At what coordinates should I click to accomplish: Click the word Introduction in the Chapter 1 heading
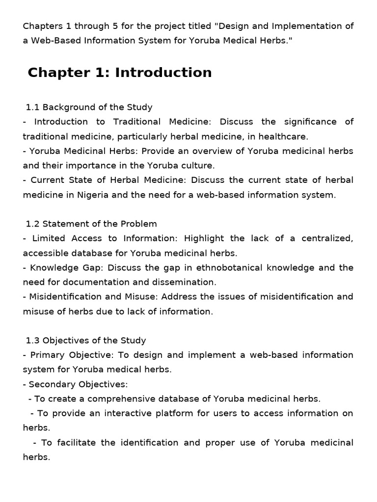163,73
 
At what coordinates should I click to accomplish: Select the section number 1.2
32,224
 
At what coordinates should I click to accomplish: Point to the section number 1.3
32,340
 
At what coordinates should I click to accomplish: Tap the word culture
198,165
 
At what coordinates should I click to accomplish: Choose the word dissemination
188,282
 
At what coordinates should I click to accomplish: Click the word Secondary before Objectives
51,384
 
